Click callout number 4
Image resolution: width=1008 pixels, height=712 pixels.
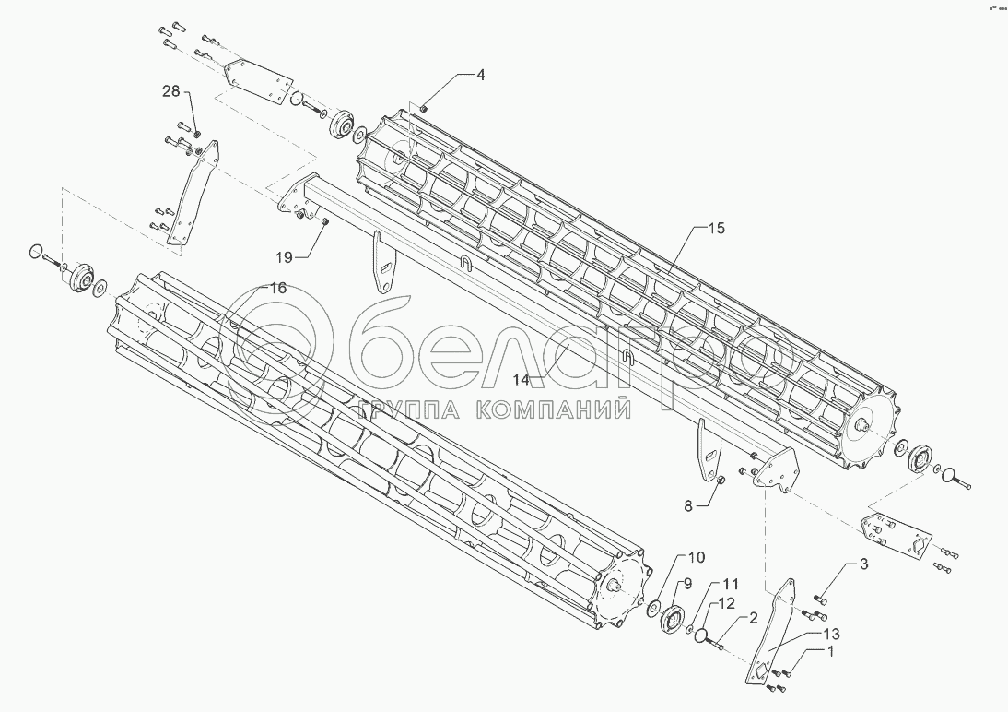coord(480,75)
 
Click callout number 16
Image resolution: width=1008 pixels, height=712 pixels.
coord(276,289)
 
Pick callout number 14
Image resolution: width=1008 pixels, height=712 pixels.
coord(521,379)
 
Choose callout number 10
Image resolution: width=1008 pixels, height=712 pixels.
coord(696,558)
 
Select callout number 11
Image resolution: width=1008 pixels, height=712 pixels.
coord(730,584)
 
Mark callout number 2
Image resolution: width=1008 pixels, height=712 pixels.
coord(753,619)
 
